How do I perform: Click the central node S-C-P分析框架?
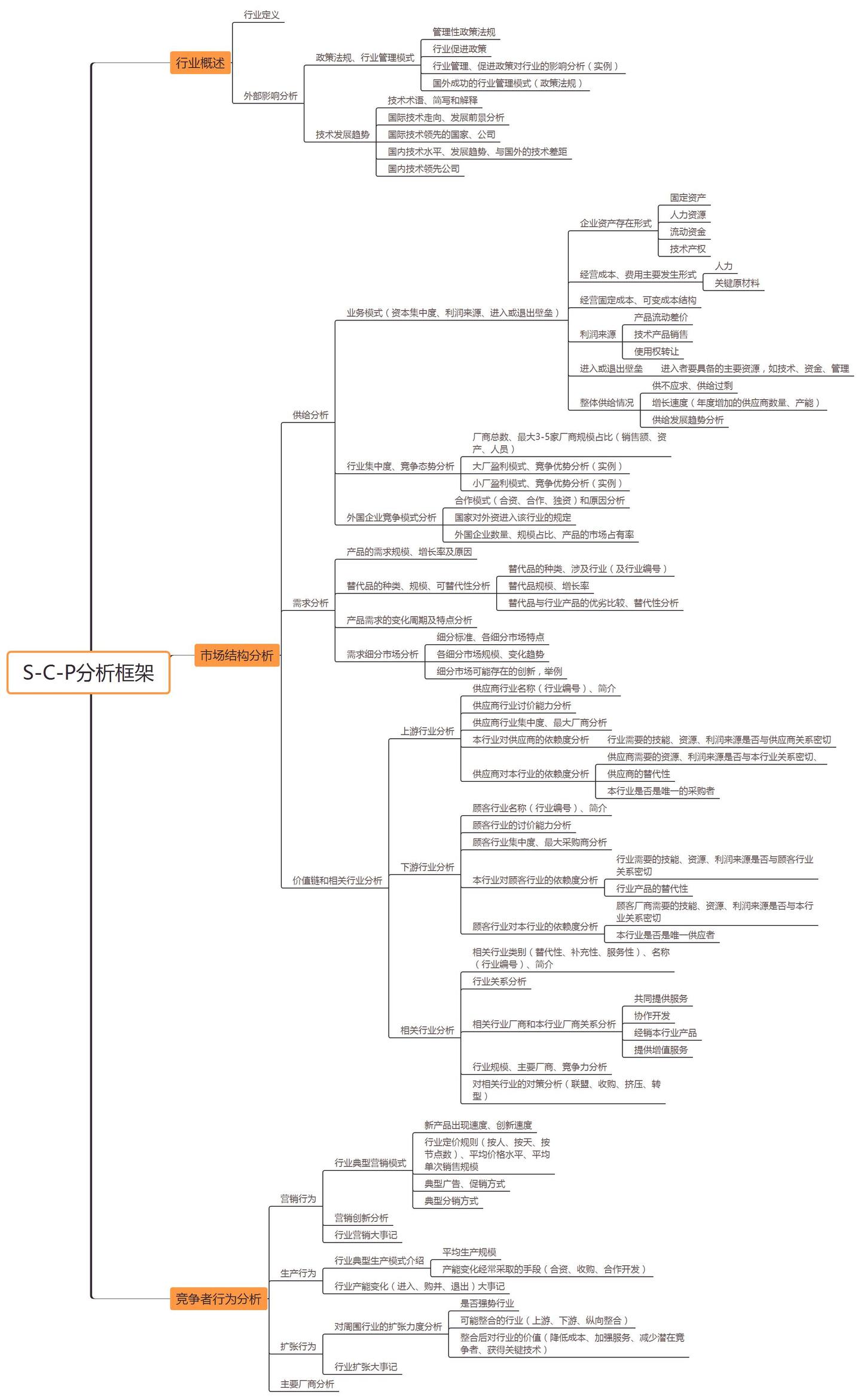click(x=88, y=672)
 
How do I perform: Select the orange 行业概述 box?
click(x=200, y=63)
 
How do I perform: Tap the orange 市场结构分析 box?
click(x=237, y=655)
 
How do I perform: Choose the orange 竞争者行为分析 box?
click(x=218, y=1298)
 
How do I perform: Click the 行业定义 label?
click(x=261, y=14)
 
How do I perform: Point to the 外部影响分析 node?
click(x=270, y=96)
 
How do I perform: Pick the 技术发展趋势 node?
click(x=343, y=134)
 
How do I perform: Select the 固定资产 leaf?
click(x=688, y=197)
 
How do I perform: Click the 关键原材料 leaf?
click(x=737, y=283)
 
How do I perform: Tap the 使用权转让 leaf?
click(x=656, y=351)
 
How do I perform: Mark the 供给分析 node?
click(x=310, y=415)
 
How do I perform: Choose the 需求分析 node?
click(x=310, y=603)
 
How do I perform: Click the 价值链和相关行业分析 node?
click(x=337, y=880)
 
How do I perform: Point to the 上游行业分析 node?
click(x=427, y=731)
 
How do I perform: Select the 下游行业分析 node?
click(x=427, y=867)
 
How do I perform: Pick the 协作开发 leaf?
click(x=652, y=1015)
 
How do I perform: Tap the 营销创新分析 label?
click(x=361, y=1217)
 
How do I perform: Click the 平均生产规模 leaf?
click(x=469, y=1252)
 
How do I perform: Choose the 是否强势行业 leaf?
click(x=487, y=1303)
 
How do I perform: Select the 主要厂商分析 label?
click(x=307, y=1384)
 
